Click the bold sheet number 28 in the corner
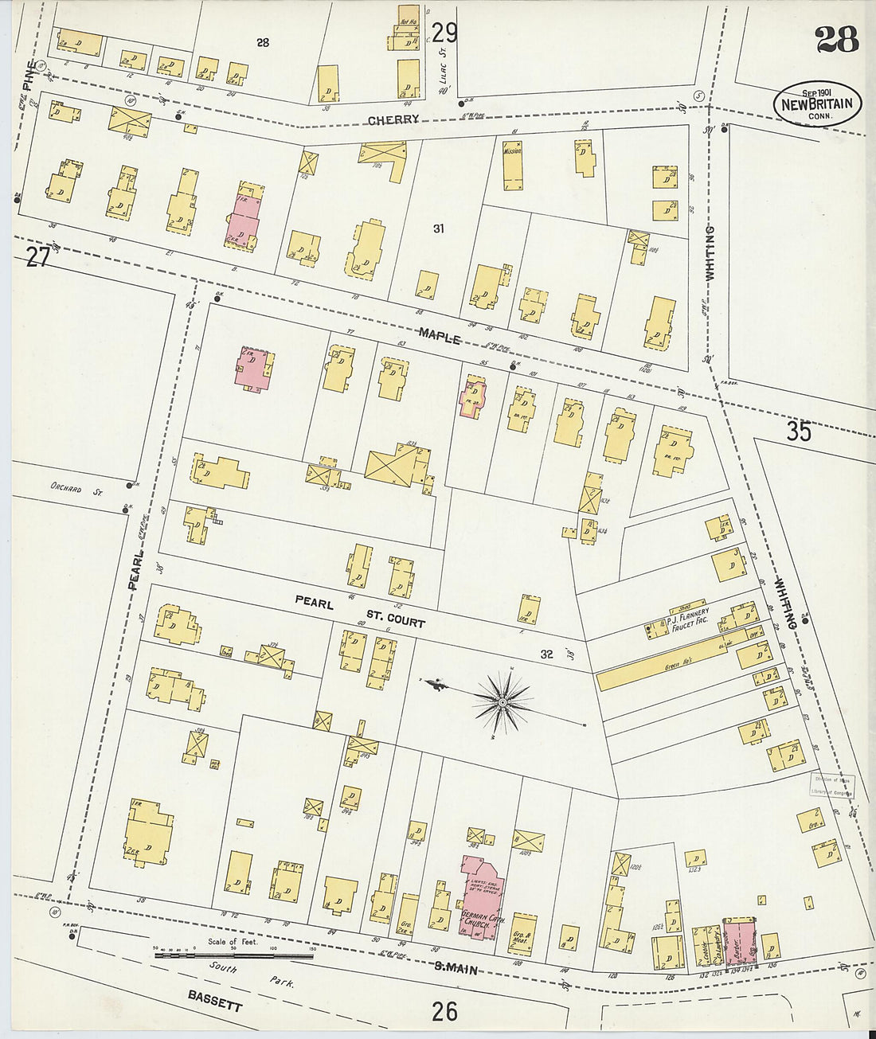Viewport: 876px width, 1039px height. [836, 37]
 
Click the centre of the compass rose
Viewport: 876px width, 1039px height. [503, 701]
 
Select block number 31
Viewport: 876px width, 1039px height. [437, 229]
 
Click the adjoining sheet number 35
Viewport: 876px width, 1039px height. [799, 431]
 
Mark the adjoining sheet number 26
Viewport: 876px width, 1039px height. [445, 1011]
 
